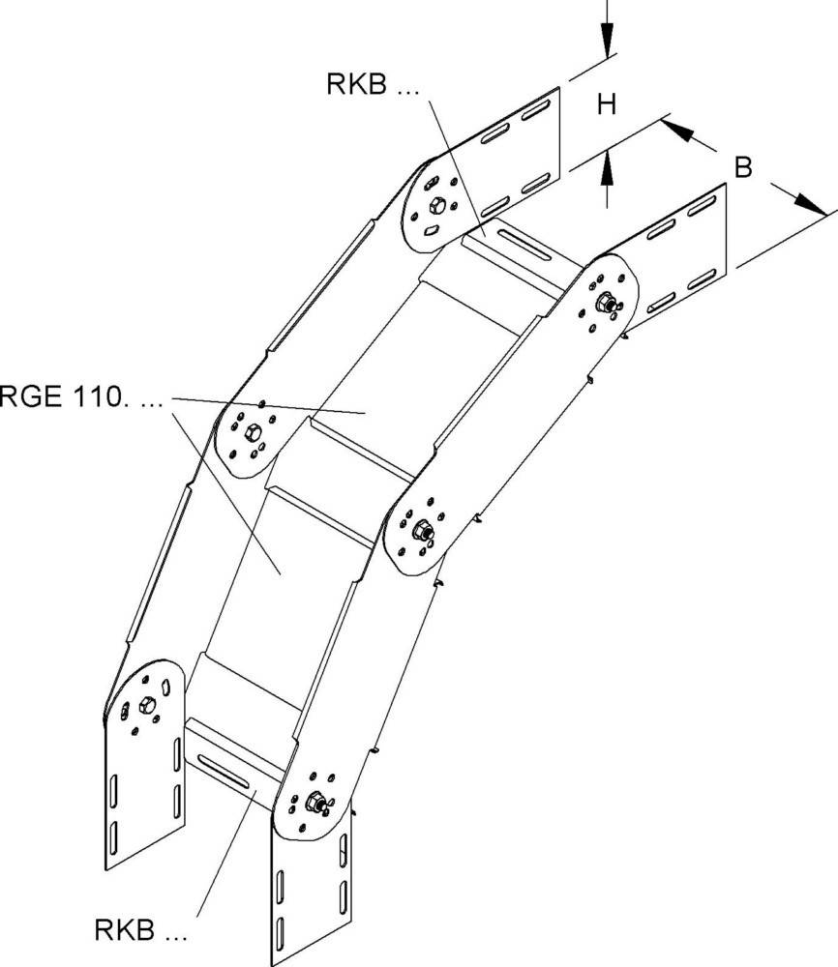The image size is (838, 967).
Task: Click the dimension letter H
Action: pos(606,104)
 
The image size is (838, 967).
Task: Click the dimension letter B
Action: pos(742,166)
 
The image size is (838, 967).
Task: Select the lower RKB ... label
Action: pos(140,933)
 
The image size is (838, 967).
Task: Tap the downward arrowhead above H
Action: pos(606,39)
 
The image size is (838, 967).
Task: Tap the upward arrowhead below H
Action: pos(606,168)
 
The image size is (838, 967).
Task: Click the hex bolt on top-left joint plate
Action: pos(437,204)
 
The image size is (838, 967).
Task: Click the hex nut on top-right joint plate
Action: pos(605,303)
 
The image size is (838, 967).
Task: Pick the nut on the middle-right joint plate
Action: pos(422,530)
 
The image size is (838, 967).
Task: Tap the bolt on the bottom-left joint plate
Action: pos(148,703)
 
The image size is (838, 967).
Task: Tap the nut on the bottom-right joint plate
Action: pos(314,801)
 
